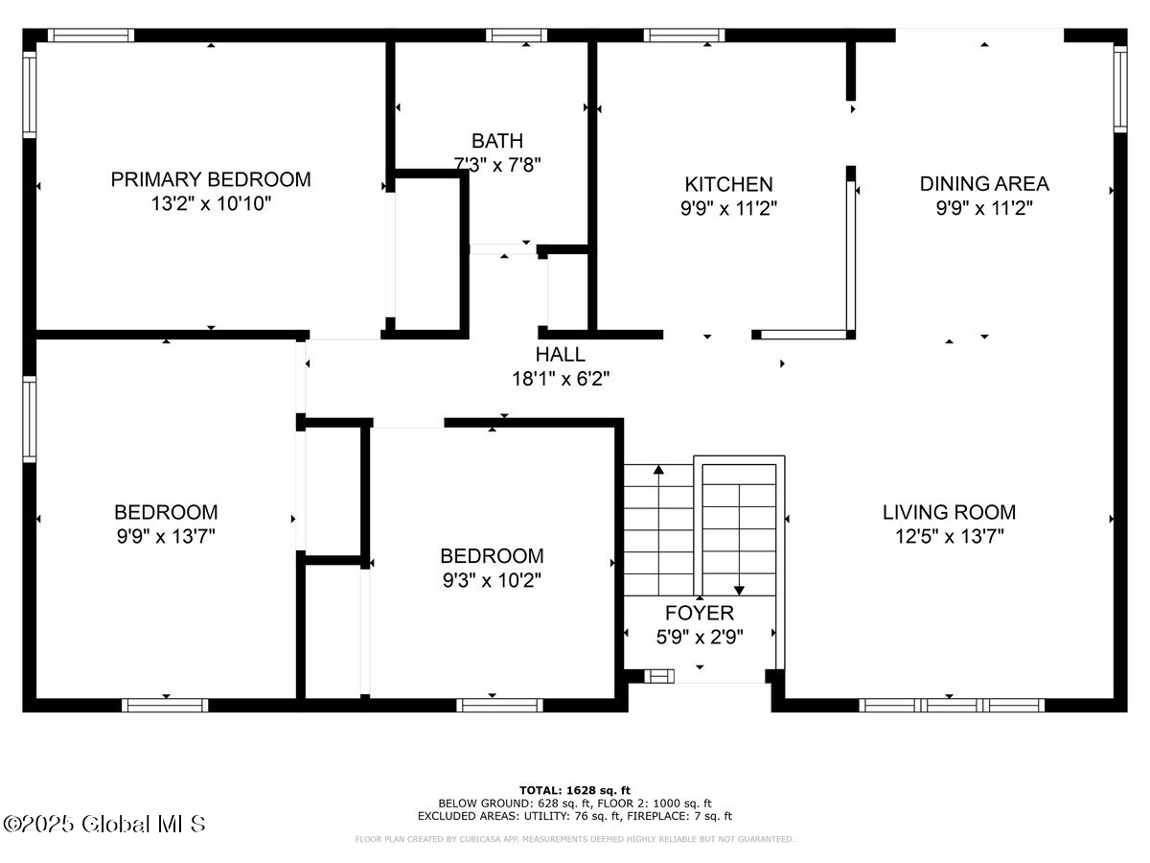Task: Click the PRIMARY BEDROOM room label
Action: [x=211, y=179]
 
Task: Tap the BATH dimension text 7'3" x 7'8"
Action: [x=497, y=164]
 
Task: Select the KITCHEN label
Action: [x=728, y=184]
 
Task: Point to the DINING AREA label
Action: [x=984, y=183]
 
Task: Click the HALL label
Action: [x=561, y=355]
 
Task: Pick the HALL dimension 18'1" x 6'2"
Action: [x=561, y=379]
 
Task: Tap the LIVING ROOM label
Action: [x=949, y=512]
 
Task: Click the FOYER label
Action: [x=700, y=613]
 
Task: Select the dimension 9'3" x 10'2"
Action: [x=492, y=580]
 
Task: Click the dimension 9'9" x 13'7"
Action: [x=166, y=536]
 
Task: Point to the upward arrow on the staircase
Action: [x=658, y=470]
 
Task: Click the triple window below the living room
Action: [x=951, y=705]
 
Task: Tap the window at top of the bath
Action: [x=517, y=35]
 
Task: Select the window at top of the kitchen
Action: [x=684, y=35]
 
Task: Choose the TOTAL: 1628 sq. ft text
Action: [x=575, y=789]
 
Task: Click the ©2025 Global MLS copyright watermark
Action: [x=104, y=824]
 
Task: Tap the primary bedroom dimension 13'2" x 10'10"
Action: [x=211, y=203]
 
